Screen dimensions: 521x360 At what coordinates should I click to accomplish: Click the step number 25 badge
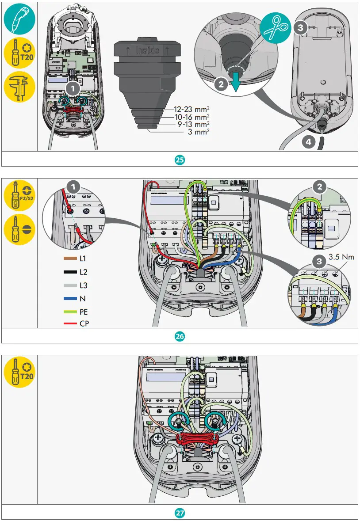pyautogui.click(x=180, y=160)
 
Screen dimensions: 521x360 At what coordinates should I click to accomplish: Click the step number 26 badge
pyautogui.click(x=180, y=336)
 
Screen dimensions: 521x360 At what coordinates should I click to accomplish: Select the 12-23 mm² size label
pyautogui.click(x=192, y=109)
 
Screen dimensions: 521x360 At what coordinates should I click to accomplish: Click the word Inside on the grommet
pyautogui.click(x=147, y=49)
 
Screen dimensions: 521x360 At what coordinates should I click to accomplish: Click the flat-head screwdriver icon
pyautogui.click(x=18, y=229)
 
